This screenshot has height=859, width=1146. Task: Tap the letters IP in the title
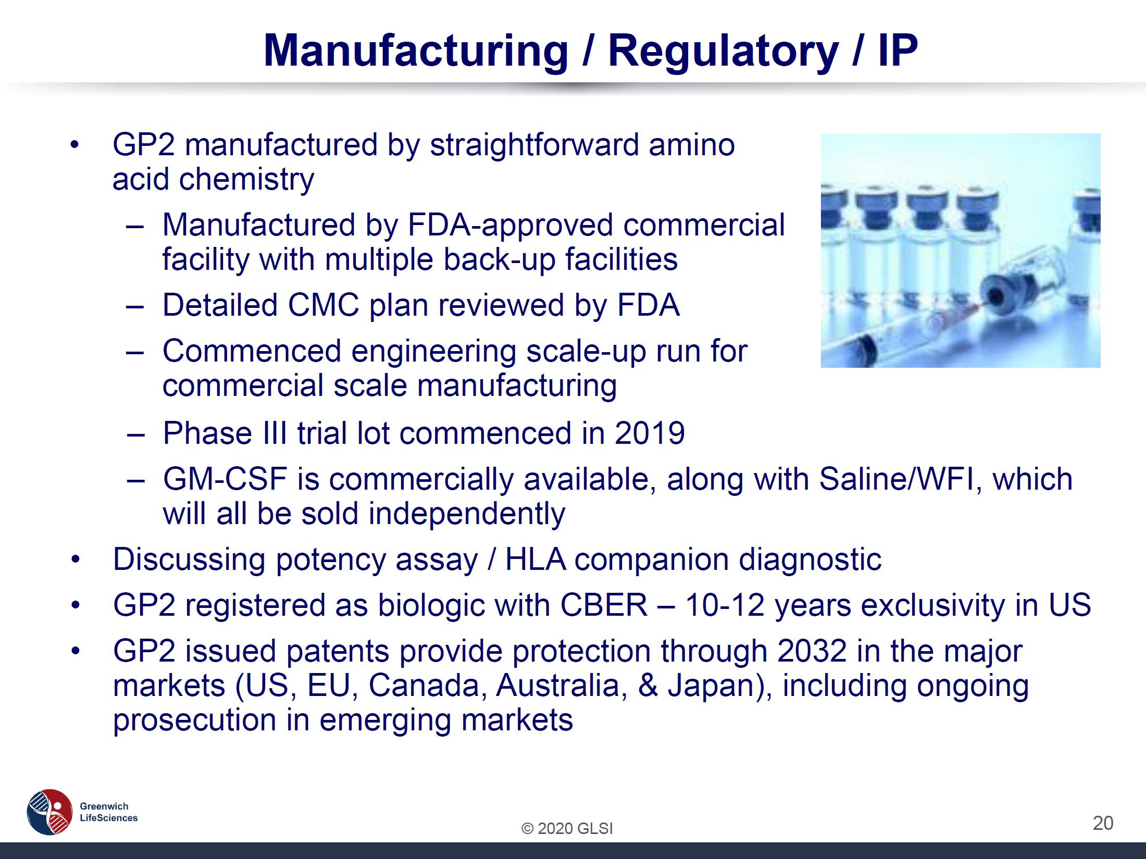898,51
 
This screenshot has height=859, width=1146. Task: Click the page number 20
1103,823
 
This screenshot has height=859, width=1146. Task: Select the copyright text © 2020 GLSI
567,828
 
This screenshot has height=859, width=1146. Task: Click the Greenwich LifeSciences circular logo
49,811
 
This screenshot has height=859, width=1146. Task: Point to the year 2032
812,651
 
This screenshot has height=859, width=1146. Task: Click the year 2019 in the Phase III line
650,433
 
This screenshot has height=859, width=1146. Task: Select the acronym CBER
604,605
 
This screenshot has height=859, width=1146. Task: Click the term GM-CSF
225,479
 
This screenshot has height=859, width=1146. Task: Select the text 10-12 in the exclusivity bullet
725,605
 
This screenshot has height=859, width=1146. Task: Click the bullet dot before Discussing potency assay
76,560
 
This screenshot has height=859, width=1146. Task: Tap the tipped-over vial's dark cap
996,295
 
